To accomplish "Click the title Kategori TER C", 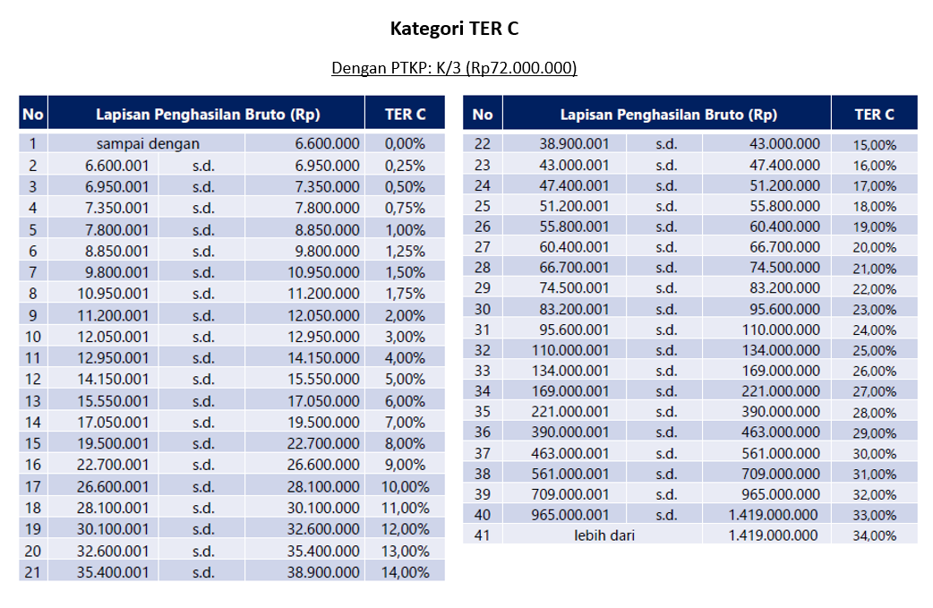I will tap(454, 29).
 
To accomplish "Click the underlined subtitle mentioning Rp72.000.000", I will tap(454, 68).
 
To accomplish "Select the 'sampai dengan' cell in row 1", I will tap(149, 143).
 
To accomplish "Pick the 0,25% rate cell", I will tap(405, 166).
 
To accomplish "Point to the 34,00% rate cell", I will tap(874, 535).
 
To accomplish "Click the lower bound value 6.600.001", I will tap(117, 166).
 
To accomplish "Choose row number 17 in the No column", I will tap(33, 486).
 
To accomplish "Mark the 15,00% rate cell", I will tap(874, 144).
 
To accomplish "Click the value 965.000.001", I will tap(574, 515).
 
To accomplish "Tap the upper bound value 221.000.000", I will tap(781, 391).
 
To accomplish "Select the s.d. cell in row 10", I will tap(203, 337).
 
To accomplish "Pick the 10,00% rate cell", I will tap(405, 486).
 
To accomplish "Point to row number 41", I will tap(483, 535).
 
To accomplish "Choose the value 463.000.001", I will tap(574, 453).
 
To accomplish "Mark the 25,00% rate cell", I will tap(874, 350).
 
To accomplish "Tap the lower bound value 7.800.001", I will tap(117, 230).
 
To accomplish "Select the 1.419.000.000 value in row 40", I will tap(773, 515).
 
